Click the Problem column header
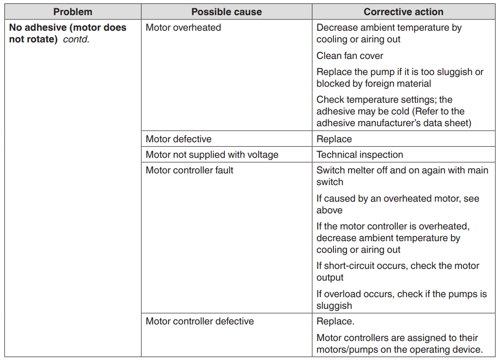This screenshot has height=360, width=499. tap(73, 12)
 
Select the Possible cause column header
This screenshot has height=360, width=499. tap(226, 12)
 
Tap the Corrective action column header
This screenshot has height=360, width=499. tap(404, 12)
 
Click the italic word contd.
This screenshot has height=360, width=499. tap(76, 39)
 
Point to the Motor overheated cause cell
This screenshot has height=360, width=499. tap(183, 28)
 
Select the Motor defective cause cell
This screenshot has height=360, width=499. tap(178, 139)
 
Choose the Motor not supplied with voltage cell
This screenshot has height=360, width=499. tap(212, 155)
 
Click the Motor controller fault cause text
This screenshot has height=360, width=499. tap(189, 171)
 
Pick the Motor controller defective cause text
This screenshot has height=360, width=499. tap(200, 322)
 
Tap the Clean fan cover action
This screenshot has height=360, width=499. tap(350, 56)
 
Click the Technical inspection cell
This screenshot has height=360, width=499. tap(360, 155)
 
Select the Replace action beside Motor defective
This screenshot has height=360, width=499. tap(334, 139)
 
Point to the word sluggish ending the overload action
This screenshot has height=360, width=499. tap(334, 306)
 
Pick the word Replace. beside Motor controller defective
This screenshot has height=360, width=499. tap(335, 322)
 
